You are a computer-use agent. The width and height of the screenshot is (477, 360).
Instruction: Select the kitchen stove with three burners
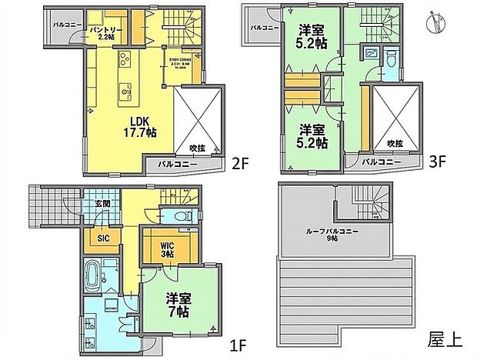point(125,59)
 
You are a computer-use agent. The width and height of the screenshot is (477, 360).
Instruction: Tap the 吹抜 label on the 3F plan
point(395,143)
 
